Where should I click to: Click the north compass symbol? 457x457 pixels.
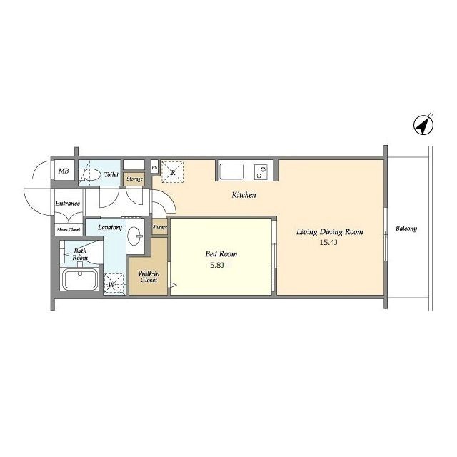423,125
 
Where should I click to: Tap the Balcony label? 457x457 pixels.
406,228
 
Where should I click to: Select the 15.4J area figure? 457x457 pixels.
328,242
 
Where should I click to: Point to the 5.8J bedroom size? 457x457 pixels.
217,265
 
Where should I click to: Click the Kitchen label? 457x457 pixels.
243,195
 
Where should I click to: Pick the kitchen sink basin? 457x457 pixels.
231,171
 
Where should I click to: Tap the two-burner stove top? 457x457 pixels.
261,171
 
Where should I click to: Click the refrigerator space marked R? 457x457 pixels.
172,172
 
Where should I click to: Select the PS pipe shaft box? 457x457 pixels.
154,167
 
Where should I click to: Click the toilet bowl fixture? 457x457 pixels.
89,174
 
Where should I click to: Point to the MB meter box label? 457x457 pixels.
64,171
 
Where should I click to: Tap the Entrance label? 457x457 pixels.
68,203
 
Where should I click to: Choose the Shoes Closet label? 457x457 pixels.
69,230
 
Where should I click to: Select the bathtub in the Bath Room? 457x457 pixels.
81,279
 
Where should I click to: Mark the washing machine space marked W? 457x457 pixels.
114,284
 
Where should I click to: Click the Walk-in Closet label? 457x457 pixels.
149,276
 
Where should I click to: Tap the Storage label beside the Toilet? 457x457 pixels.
134,179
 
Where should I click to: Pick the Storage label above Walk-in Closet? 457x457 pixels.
160,226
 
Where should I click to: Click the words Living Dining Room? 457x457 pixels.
330,232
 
